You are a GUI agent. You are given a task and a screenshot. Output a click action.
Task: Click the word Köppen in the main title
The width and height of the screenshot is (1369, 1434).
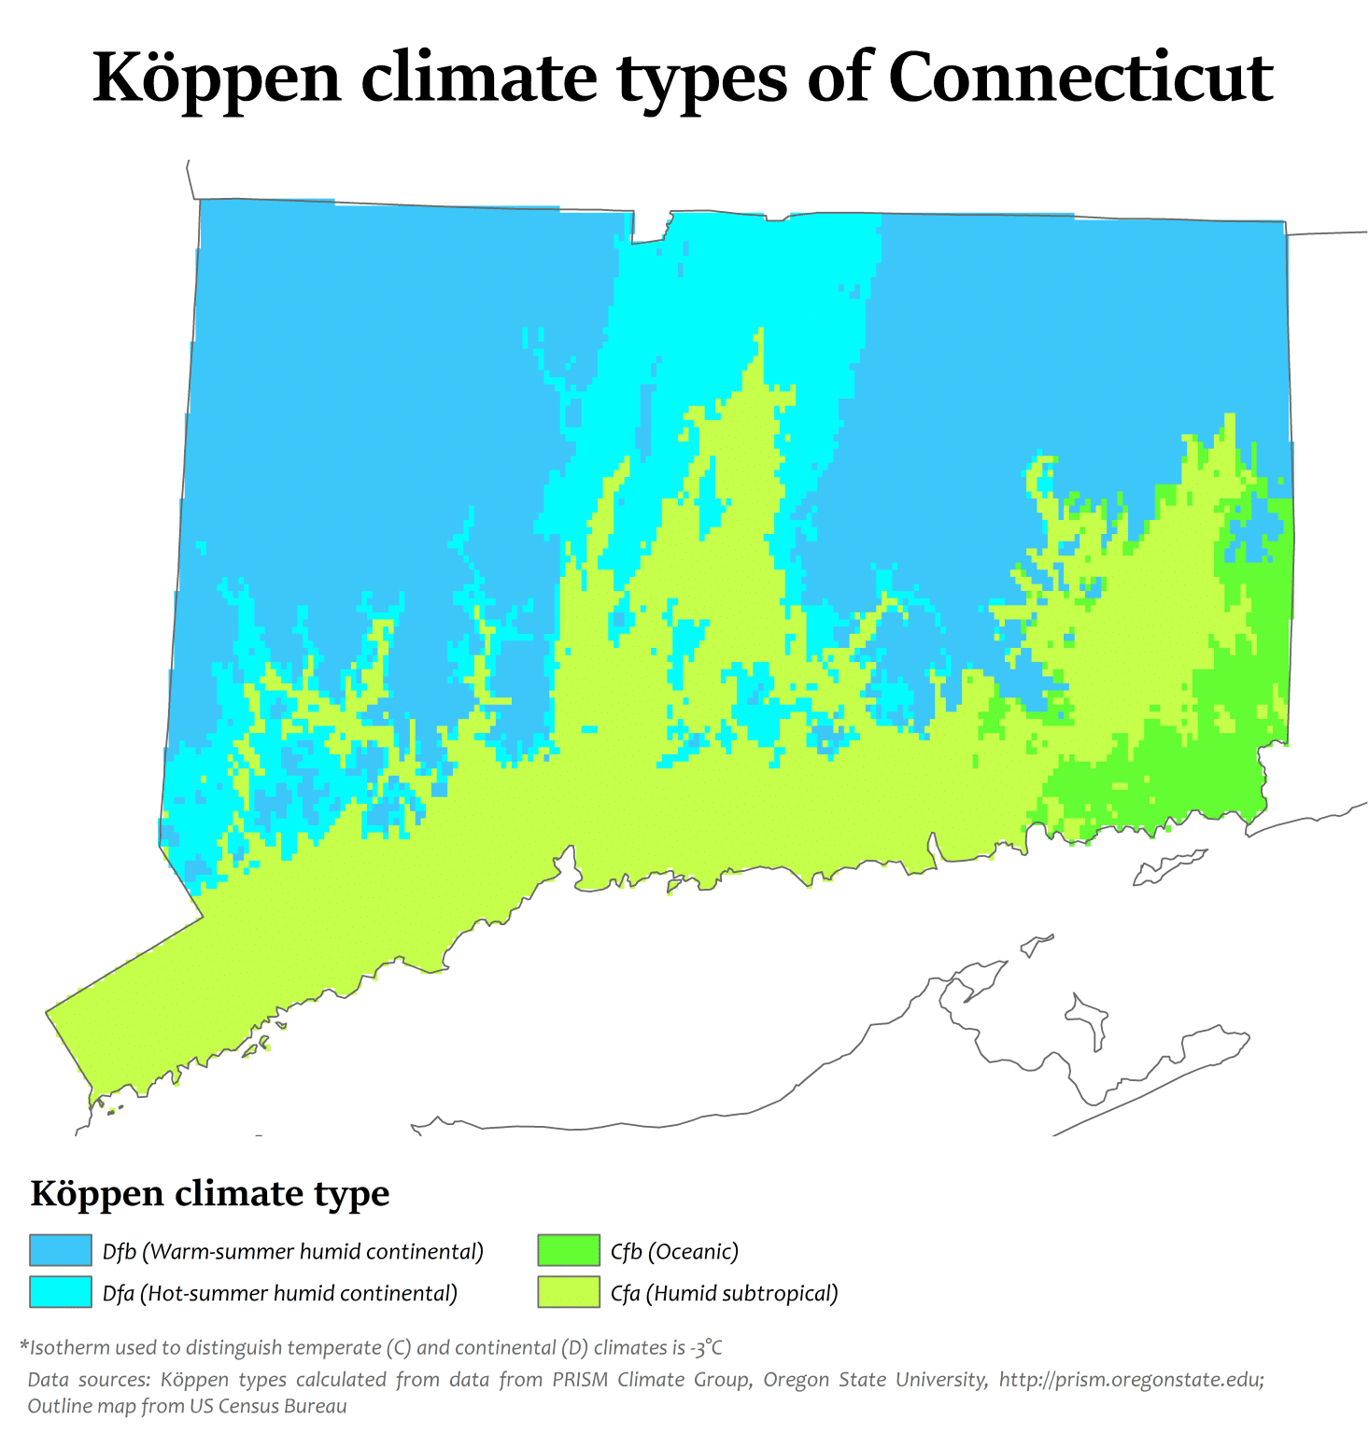click(x=218, y=79)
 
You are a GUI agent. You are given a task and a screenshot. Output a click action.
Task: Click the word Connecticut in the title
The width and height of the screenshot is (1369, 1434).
click(x=1080, y=77)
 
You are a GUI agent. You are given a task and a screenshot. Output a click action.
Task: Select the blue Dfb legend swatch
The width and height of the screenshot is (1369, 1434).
click(x=61, y=1251)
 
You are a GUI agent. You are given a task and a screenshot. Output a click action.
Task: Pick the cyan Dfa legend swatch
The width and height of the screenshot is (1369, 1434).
click(x=61, y=1292)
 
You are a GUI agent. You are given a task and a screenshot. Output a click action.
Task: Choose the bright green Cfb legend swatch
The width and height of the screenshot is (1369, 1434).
click(x=568, y=1251)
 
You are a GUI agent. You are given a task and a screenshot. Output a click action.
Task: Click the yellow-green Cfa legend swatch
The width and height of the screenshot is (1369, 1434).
click(x=568, y=1292)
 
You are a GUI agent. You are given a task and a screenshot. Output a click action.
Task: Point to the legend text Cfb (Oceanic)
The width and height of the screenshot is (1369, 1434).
click(x=674, y=1252)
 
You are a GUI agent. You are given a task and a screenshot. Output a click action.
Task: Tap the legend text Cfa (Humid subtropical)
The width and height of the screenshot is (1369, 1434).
click(x=724, y=1294)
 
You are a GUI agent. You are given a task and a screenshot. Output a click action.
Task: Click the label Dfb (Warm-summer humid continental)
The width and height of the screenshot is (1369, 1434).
click(x=293, y=1252)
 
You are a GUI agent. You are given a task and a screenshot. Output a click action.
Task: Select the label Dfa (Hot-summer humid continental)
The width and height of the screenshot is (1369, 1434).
click(x=280, y=1294)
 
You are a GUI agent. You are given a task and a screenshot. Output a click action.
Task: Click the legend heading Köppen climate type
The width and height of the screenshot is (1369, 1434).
click(x=210, y=1194)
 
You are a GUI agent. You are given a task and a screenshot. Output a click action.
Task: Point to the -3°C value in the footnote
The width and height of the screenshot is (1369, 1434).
click(x=705, y=1348)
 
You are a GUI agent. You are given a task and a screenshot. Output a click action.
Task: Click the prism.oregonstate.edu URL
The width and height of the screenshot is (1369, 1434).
click(x=1131, y=1380)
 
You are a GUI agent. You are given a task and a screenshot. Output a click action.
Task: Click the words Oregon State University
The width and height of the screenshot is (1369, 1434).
click(x=875, y=1380)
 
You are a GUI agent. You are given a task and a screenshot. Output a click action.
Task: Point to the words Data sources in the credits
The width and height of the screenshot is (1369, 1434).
click(x=87, y=1380)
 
